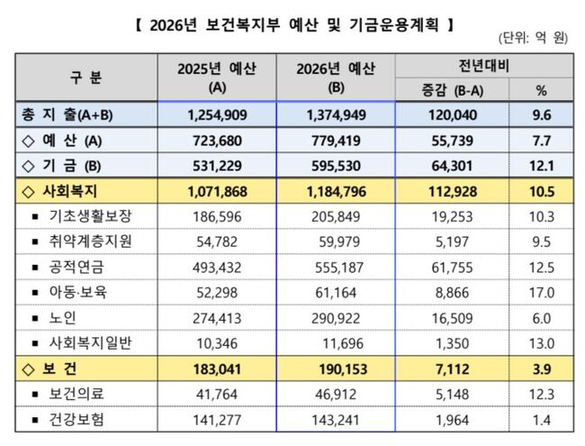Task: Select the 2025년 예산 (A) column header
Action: pos(216,77)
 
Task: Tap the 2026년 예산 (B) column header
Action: pos(335,77)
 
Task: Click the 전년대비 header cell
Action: pos(485,66)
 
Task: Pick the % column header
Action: pos(541,90)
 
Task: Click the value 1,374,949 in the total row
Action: pos(335,114)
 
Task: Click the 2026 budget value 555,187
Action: pos(335,268)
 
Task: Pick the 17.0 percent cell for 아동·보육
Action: pos(541,293)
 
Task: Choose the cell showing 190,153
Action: pos(335,369)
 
